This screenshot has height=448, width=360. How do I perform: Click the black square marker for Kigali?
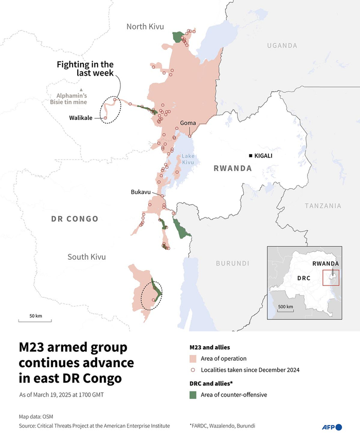(250, 155)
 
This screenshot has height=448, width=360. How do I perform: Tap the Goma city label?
(189, 123)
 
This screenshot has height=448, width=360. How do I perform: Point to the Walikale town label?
(81, 118)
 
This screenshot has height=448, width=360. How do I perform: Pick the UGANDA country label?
(282, 46)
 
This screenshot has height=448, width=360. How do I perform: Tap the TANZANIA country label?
(322, 206)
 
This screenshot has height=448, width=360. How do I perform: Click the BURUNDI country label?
(232, 263)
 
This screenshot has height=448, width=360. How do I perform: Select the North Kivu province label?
(145, 26)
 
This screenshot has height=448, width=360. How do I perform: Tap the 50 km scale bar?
(35, 320)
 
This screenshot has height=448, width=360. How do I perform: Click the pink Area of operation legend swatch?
(193, 359)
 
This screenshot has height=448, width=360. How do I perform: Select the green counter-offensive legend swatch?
(193, 395)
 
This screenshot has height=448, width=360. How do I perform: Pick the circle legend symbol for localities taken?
(193, 370)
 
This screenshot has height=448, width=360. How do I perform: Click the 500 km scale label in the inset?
(285, 307)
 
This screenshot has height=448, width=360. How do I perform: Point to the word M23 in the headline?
(33, 347)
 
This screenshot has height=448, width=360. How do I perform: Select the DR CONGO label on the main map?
(75, 219)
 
